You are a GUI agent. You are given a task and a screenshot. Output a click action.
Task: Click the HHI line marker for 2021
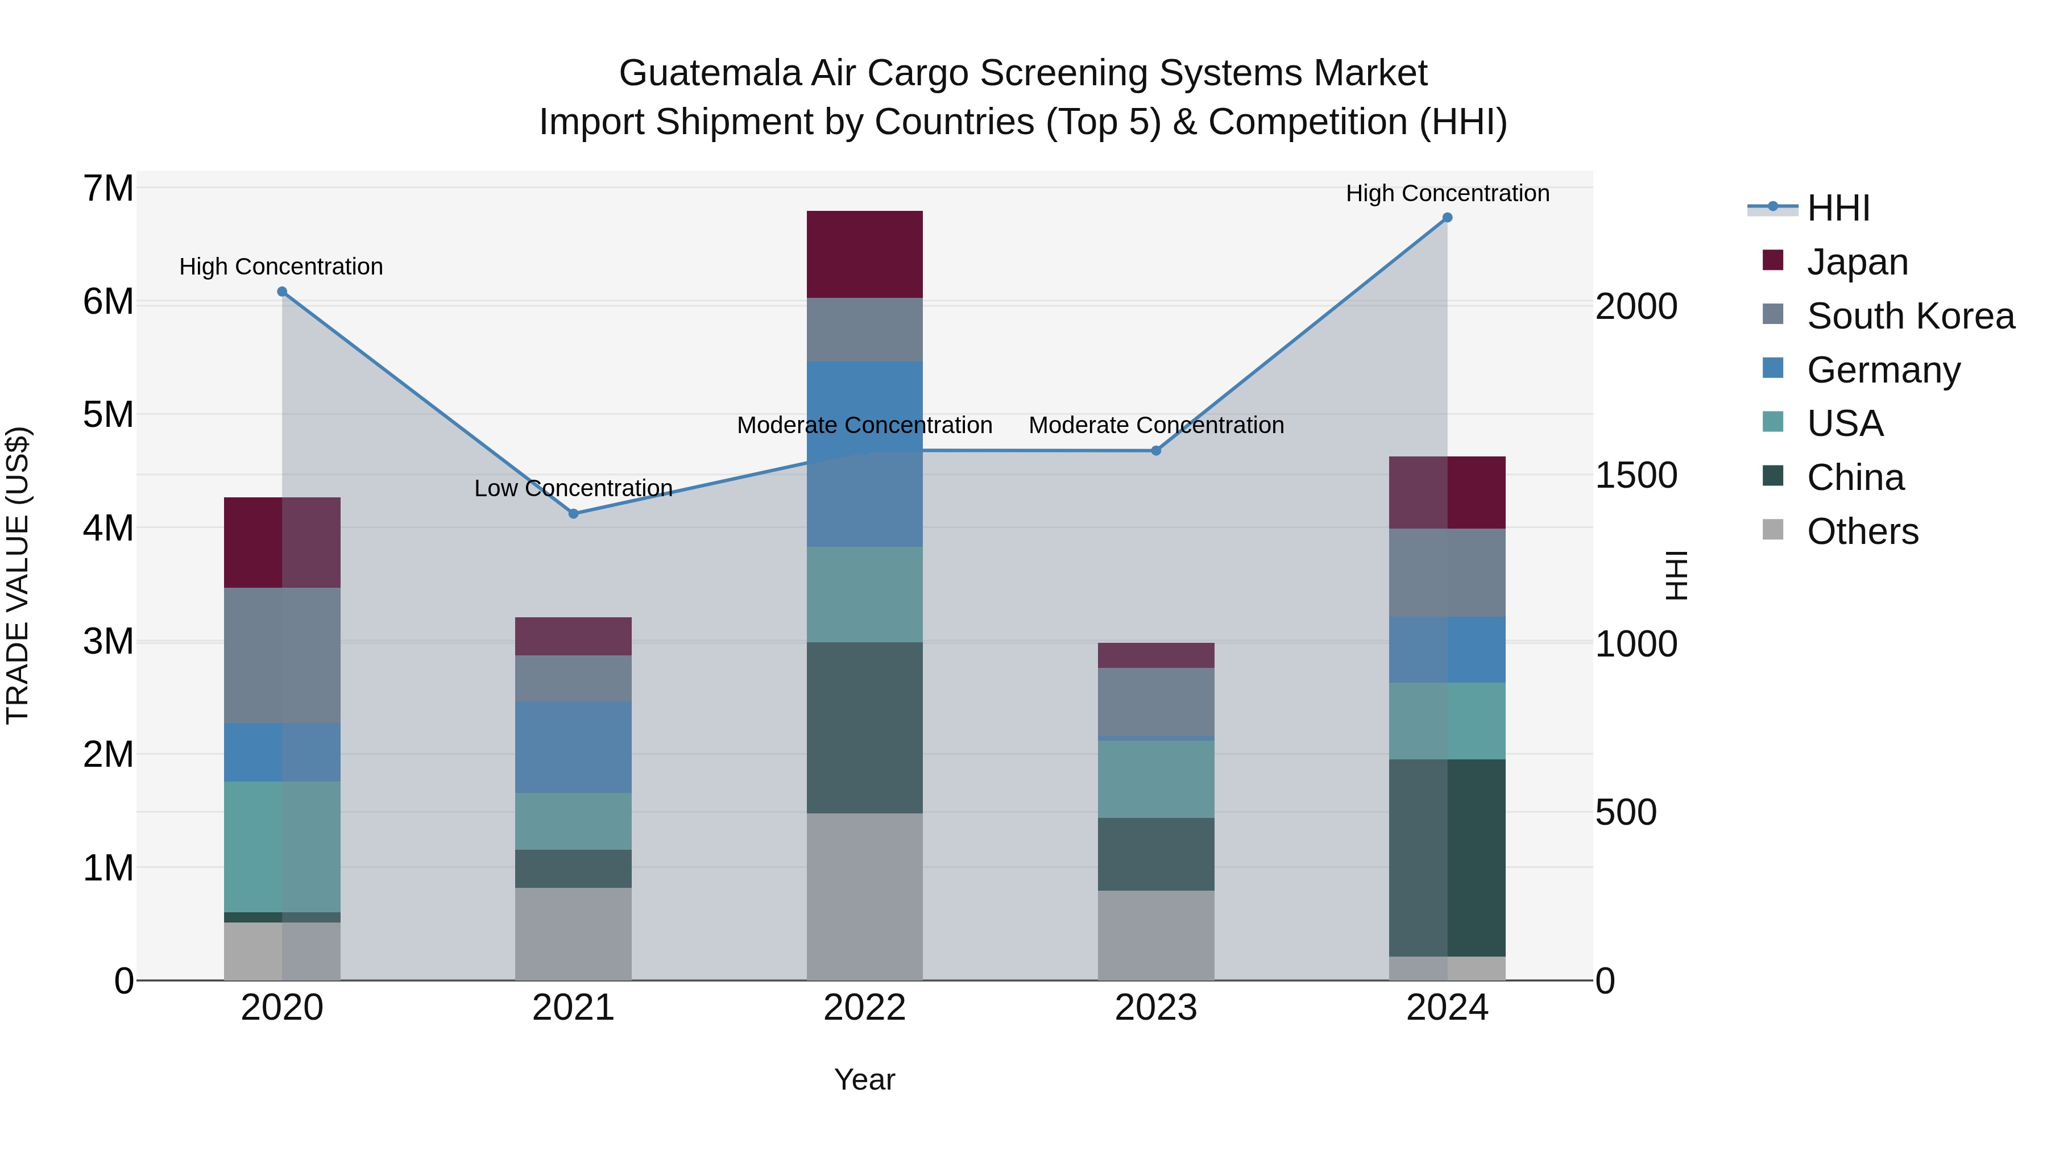573,514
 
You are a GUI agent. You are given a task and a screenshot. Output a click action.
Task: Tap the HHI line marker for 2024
1447,218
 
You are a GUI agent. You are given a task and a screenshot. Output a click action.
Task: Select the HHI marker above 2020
282,292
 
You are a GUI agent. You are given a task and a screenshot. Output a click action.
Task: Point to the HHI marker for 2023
1156,451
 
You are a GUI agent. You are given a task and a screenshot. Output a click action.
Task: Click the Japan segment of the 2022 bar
864,254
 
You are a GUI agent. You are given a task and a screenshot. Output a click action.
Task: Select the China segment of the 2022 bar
864,727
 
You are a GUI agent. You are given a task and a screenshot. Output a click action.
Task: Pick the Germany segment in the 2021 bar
573,747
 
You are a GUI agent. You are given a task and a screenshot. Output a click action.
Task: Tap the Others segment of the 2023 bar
1156,935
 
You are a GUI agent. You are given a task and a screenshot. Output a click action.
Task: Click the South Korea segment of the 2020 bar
282,655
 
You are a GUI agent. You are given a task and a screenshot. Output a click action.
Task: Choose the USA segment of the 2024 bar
1447,721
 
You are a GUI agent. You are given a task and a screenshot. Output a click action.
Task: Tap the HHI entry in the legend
1837,208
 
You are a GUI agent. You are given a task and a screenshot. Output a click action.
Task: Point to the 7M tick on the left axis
108,189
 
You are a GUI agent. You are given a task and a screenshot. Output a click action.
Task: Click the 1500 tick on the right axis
1636,475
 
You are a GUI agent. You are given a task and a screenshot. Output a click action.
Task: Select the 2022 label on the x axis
864,1008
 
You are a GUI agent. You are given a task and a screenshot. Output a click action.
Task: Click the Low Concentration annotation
573,488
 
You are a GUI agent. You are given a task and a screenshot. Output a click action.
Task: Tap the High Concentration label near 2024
1447,193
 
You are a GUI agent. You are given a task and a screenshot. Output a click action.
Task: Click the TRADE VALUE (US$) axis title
18,575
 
